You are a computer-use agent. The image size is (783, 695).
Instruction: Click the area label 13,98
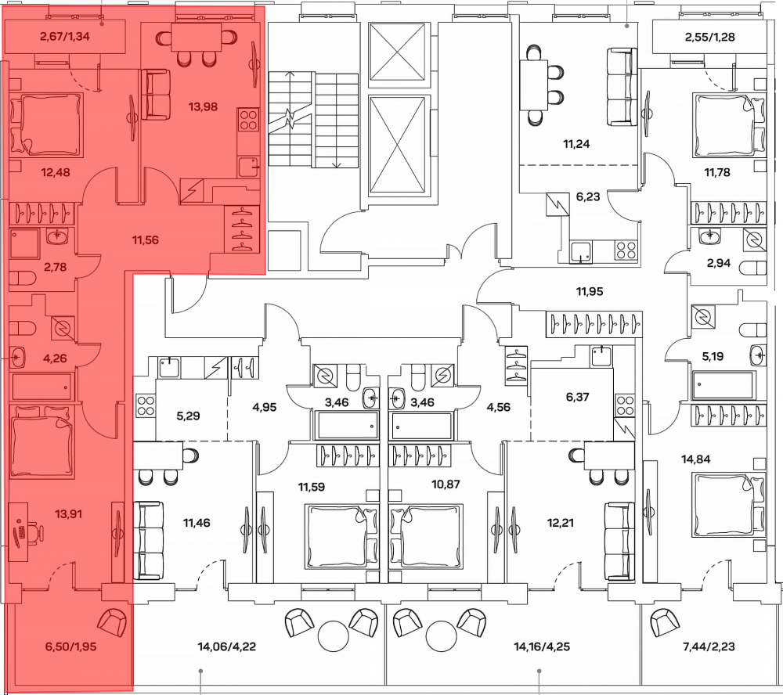coord(204,107)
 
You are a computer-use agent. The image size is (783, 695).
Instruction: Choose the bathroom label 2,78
coord(55,268)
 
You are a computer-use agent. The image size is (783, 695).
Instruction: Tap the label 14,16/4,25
coord(541,646)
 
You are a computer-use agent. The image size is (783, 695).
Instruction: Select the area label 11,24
coord(579,143)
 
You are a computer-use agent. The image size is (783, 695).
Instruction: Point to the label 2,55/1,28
coord(709,36)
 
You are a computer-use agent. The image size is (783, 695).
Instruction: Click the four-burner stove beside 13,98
coord(248,121)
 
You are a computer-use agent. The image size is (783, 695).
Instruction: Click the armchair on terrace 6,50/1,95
coord(113,624)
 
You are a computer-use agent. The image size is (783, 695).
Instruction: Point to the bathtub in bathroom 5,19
coord(722,385)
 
